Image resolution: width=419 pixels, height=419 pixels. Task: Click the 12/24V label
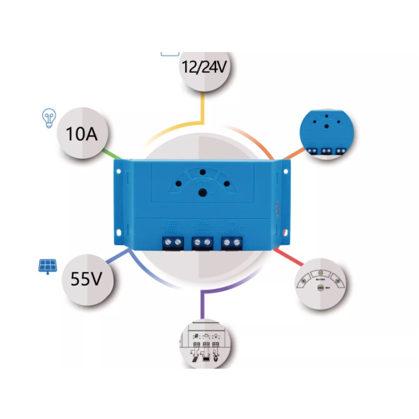pyautogui.click(x=203, y=68)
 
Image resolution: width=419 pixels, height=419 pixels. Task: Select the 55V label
pyautogui.click(x=87, y=279)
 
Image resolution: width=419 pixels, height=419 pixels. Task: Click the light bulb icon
pyautogui.click(x=49, y=117)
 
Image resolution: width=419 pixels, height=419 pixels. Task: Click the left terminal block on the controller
pyautogui.click(x=172, y=242)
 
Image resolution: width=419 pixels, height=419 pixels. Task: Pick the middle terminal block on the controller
pyautogui.click(x=202, y=242)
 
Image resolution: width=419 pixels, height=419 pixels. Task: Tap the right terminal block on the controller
pyautogui.click(x=232, y=242)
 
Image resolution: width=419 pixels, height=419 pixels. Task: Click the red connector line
pyautogui.click(x=286, y=256)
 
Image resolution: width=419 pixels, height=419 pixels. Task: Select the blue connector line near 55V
pyautogui.click(x=119, y=258)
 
